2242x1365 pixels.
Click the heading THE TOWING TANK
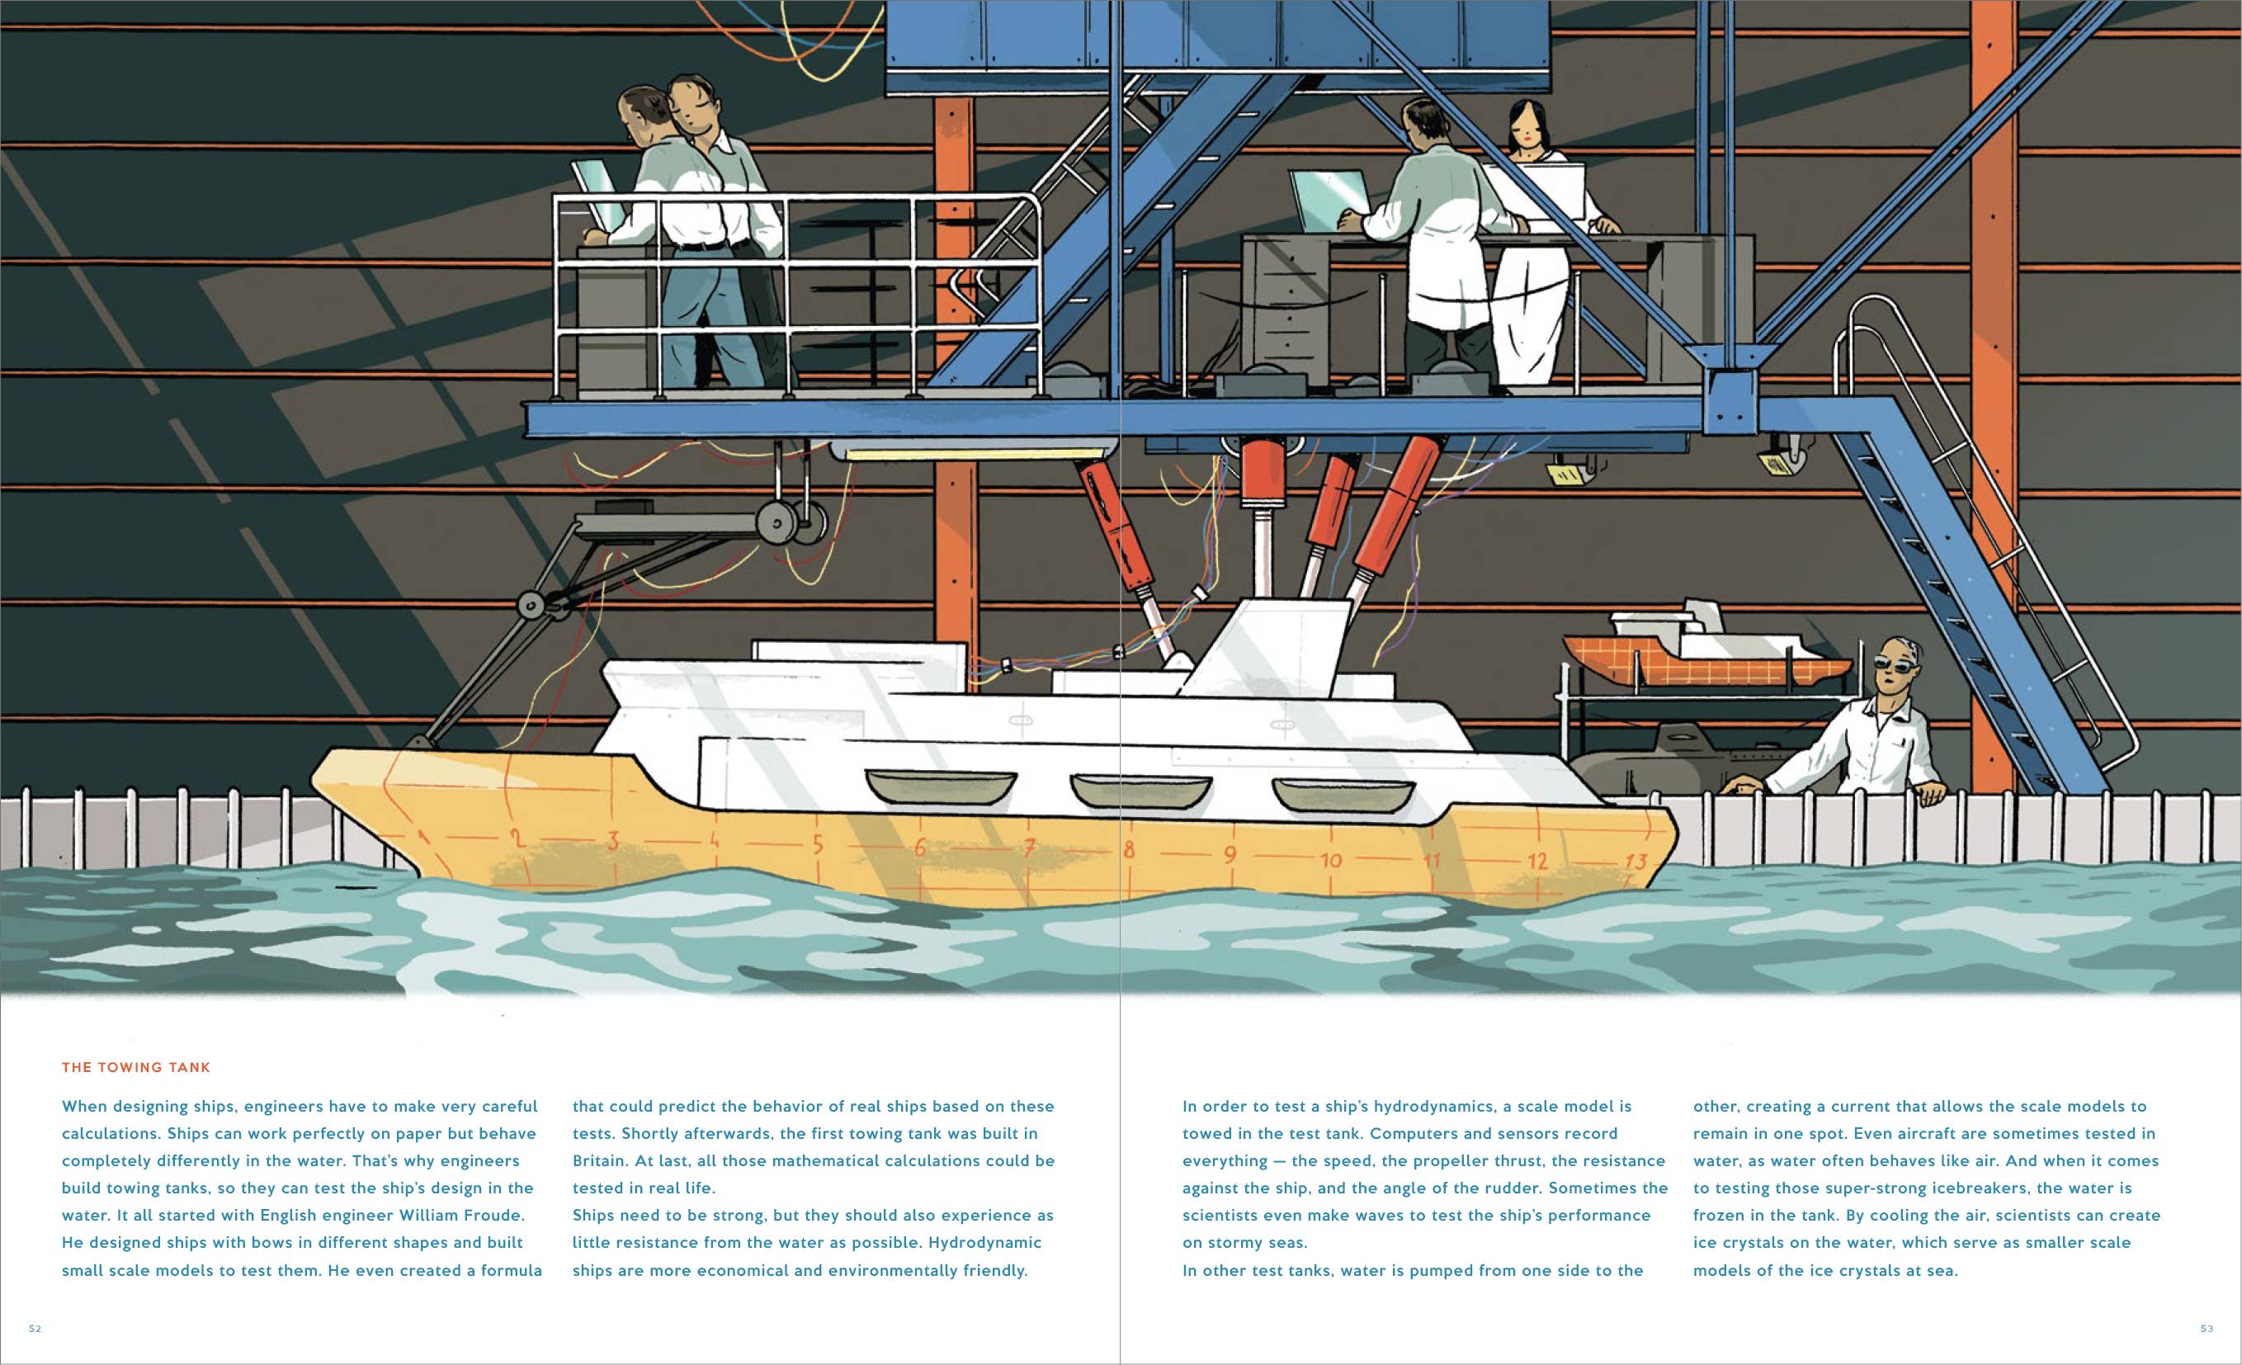point(135,1067)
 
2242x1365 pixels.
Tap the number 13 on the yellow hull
point(1636,861)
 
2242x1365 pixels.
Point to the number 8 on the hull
point(1129,850)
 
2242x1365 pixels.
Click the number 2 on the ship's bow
point(516,838)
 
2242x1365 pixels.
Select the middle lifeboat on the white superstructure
point(1140,791)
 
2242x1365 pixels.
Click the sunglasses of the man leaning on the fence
point(1895,665)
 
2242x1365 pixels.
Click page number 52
point(35,1329)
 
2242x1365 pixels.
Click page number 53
point(2207,1329)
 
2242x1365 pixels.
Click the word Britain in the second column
point(600,1161)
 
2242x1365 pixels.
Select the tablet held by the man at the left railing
point(597,194)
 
